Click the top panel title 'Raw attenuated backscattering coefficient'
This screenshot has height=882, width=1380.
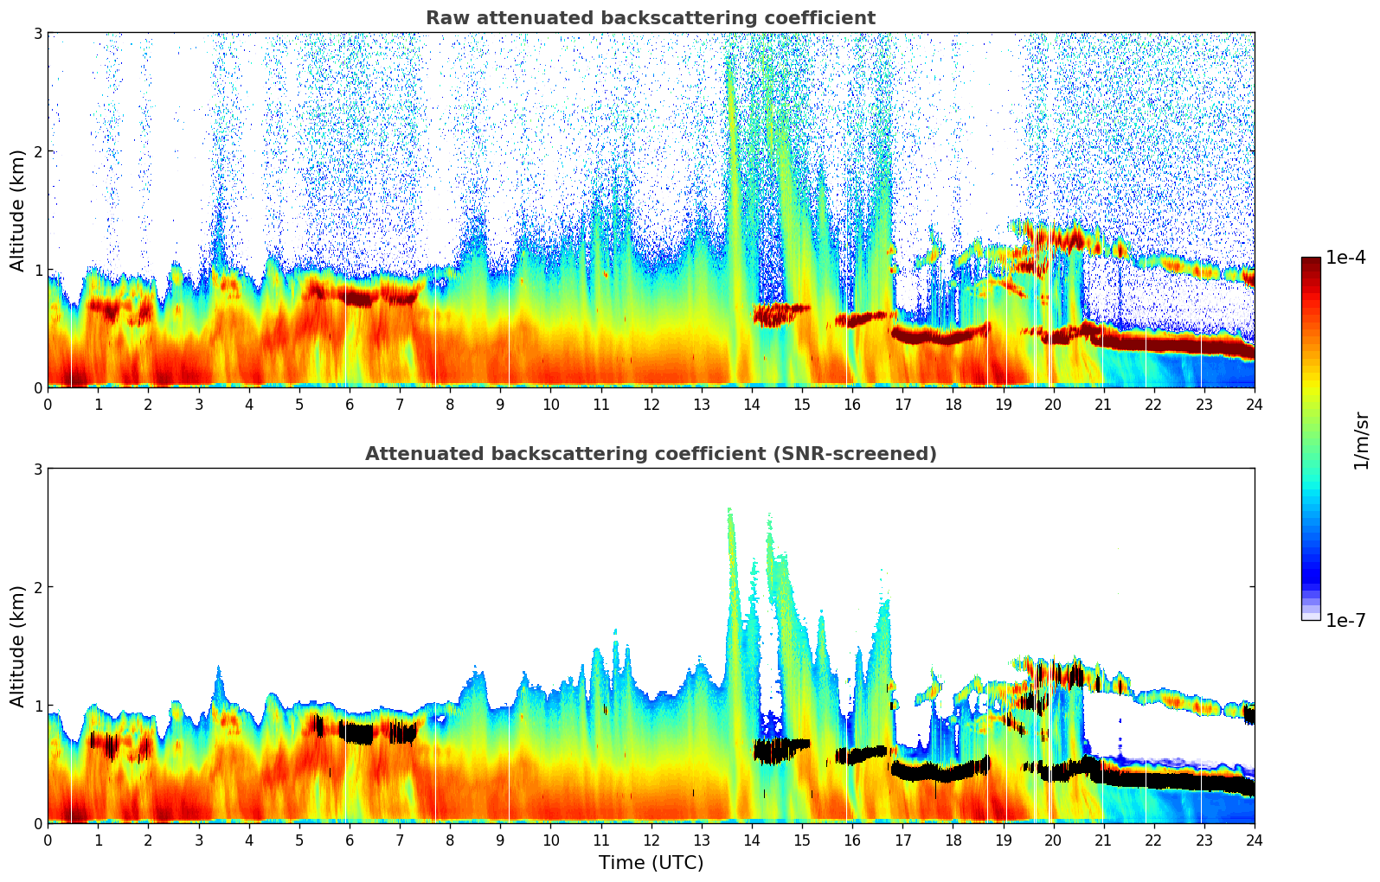click(x=650, y=18)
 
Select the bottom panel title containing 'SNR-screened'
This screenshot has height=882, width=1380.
click(x=650, y=454)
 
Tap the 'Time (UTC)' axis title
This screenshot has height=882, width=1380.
click(x=651, y=863)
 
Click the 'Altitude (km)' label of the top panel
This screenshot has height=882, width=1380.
click(x=17, y=210)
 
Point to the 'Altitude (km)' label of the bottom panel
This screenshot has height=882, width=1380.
click(x=17, y=646)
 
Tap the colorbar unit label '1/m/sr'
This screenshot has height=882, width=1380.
click(x=1361, y=440)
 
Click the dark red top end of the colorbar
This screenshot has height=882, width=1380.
click(x=1310, y=261)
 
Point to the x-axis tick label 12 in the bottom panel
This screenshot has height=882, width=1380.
click(x=651, y=840)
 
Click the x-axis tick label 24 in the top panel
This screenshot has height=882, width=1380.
click(x=1254, y=404)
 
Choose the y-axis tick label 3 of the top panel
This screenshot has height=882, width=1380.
click(x=37, y=33)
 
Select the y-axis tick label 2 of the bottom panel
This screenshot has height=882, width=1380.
click(x=37, y=587)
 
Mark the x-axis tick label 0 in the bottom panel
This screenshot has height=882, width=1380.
click(x=48, y=840)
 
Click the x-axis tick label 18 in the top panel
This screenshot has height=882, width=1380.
click(x=953, y=404)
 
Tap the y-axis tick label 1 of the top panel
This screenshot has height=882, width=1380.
click(x=37, y=270)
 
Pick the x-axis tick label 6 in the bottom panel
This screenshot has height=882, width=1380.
click(x=350, y=840)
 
